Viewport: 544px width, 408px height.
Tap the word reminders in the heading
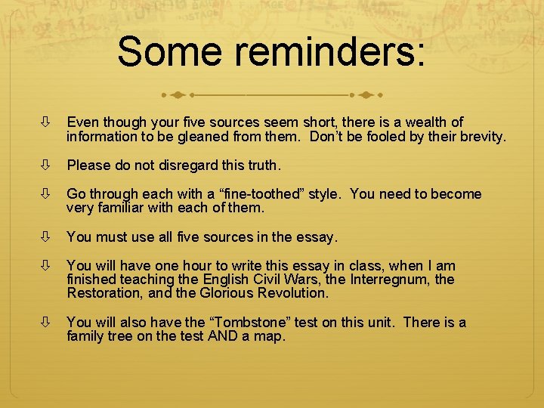pyautogui.click(x=330, y=51)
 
